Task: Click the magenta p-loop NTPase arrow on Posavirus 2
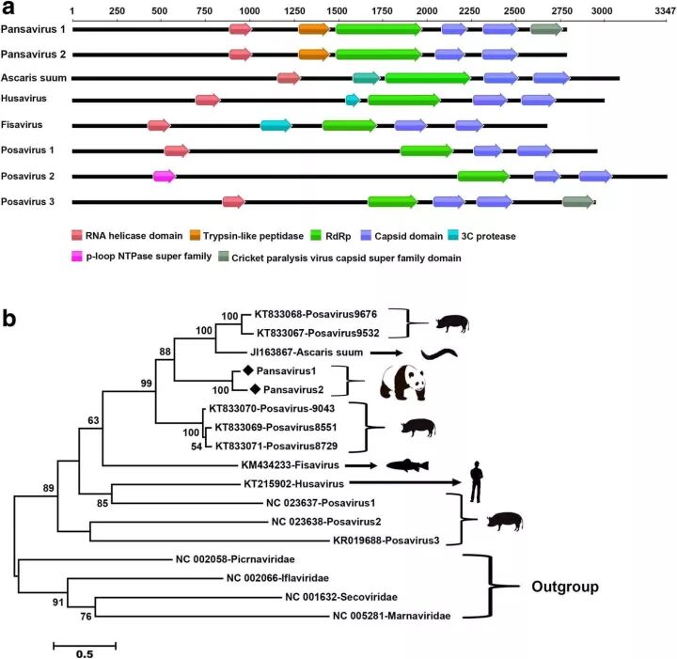(x=164, y=176)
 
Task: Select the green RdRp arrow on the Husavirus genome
(x=402, y=101)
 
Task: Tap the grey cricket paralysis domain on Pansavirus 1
(x=545, y=29)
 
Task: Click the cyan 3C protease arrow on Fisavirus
(x=276, y=125)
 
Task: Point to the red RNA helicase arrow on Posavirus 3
(x=233, y=201)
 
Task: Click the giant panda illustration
(x=402, y=383)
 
